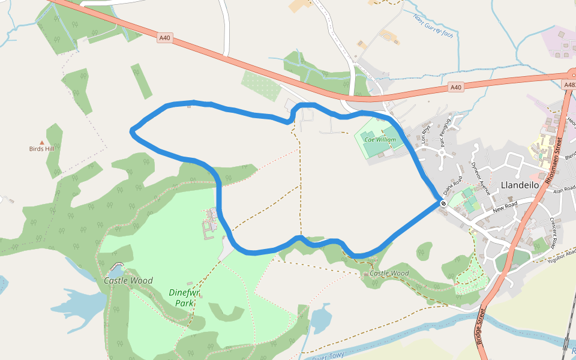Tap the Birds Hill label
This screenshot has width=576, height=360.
(41, 149)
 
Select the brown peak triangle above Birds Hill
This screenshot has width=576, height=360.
(41, 142)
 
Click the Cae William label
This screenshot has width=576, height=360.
(380, 139)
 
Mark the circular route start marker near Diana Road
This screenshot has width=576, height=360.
(443, 203)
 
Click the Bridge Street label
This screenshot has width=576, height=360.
(481, 326)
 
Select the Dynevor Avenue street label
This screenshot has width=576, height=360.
(481, 178)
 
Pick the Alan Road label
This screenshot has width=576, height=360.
(565, 190)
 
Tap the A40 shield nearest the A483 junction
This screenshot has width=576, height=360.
(456, 88)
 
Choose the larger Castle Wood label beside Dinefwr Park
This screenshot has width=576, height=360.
(128, 280)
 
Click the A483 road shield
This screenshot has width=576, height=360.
(569, 85)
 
